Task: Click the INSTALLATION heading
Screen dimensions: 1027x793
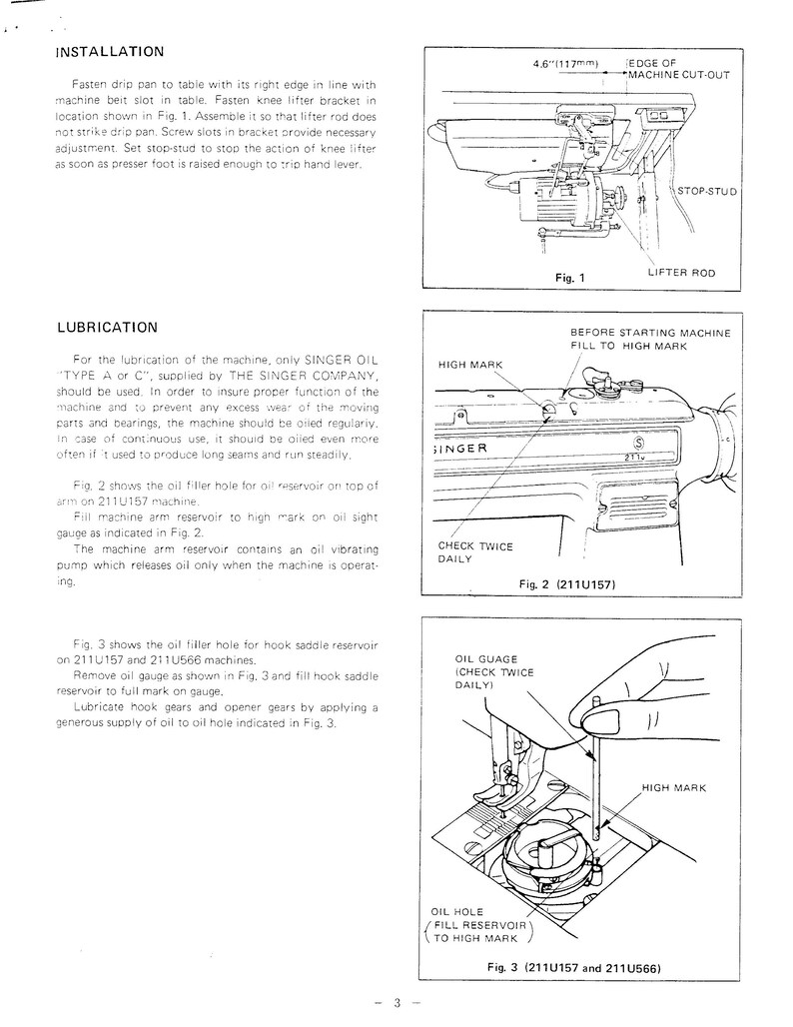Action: pyautogui.click(x=110, y=51)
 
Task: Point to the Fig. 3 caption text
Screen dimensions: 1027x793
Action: pyautogui.click(x=575, y=966)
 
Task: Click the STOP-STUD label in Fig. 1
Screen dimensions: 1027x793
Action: pyautogui.click(x=706, y=190)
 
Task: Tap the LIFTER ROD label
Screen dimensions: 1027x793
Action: pyautogui.click(x=681, y=273)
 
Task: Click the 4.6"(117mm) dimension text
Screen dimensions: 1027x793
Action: pyautogui.click(x=566, y=63)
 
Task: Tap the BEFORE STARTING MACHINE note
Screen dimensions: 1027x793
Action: pyautogui.click(x=650, y=339)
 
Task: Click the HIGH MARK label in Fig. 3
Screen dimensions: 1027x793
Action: pyautogui.click(x=674, y=787)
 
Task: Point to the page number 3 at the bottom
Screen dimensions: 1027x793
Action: pyautogui.click(x=396, y=1003)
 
